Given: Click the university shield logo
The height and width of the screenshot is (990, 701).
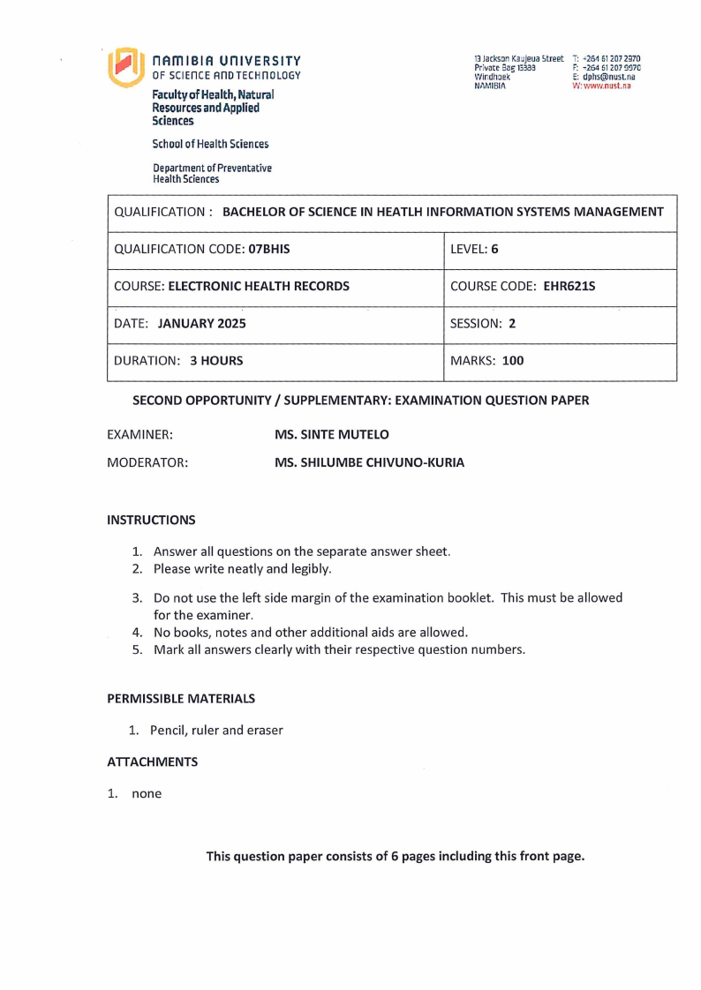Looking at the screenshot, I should [124, 67].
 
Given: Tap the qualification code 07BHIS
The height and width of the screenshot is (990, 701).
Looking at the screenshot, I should [269, 250].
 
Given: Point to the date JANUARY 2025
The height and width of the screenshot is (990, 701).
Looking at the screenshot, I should [202, 323].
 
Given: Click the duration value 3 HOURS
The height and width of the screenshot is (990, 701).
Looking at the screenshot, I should [216, 360].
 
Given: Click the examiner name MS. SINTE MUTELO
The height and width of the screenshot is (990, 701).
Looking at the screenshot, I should [332, 435].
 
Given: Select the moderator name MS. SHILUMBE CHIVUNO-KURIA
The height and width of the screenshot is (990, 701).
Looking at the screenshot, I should [369, 462].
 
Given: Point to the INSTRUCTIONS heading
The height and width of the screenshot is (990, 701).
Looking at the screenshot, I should [151, 520].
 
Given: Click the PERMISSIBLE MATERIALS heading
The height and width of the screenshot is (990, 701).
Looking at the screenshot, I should [181, 698].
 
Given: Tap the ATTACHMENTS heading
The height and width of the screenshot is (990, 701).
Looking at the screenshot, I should [152, 761].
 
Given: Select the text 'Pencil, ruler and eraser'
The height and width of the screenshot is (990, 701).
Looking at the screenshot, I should [216, 730].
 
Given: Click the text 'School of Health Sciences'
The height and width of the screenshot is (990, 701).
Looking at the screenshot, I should [210, 144].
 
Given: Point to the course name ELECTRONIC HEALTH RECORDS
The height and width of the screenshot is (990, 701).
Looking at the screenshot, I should [259, 286].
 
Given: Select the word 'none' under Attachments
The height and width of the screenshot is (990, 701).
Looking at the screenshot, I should [147, 793].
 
